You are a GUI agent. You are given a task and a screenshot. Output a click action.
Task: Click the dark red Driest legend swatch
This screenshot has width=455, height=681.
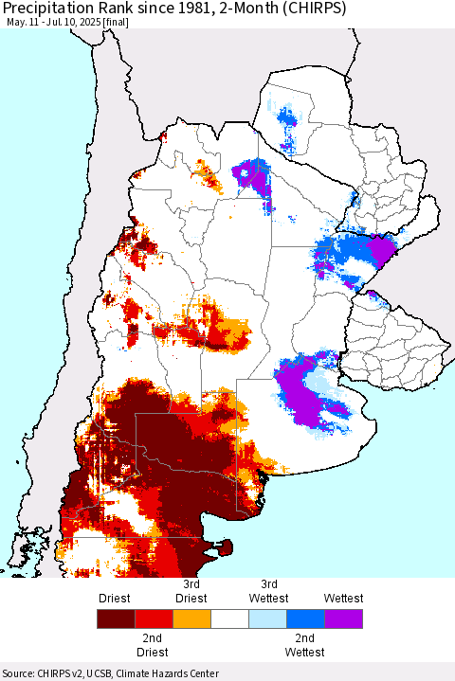point(115,619)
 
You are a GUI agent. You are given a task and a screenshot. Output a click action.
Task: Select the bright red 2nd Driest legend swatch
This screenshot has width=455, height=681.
point(153,619)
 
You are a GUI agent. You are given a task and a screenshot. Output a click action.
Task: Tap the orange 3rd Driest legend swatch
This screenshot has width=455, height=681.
point(191,619)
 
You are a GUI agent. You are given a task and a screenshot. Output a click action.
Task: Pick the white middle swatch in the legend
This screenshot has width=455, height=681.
point(228,619)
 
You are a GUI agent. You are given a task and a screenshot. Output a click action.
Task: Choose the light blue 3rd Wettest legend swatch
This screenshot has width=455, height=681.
point(266,619)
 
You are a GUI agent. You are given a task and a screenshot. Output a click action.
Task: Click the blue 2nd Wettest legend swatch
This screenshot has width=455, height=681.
point(304,619)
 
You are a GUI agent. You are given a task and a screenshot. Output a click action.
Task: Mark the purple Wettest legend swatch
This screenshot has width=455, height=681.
point(342,619)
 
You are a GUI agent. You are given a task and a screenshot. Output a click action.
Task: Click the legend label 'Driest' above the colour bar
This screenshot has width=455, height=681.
point(115,599)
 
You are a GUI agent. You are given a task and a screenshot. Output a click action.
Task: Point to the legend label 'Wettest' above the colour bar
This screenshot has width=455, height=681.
point(342,599)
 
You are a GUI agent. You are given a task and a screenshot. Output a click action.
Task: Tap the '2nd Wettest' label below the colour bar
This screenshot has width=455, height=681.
point(304,645)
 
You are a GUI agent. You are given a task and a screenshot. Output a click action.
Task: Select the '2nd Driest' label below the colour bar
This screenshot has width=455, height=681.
point(153,645)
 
